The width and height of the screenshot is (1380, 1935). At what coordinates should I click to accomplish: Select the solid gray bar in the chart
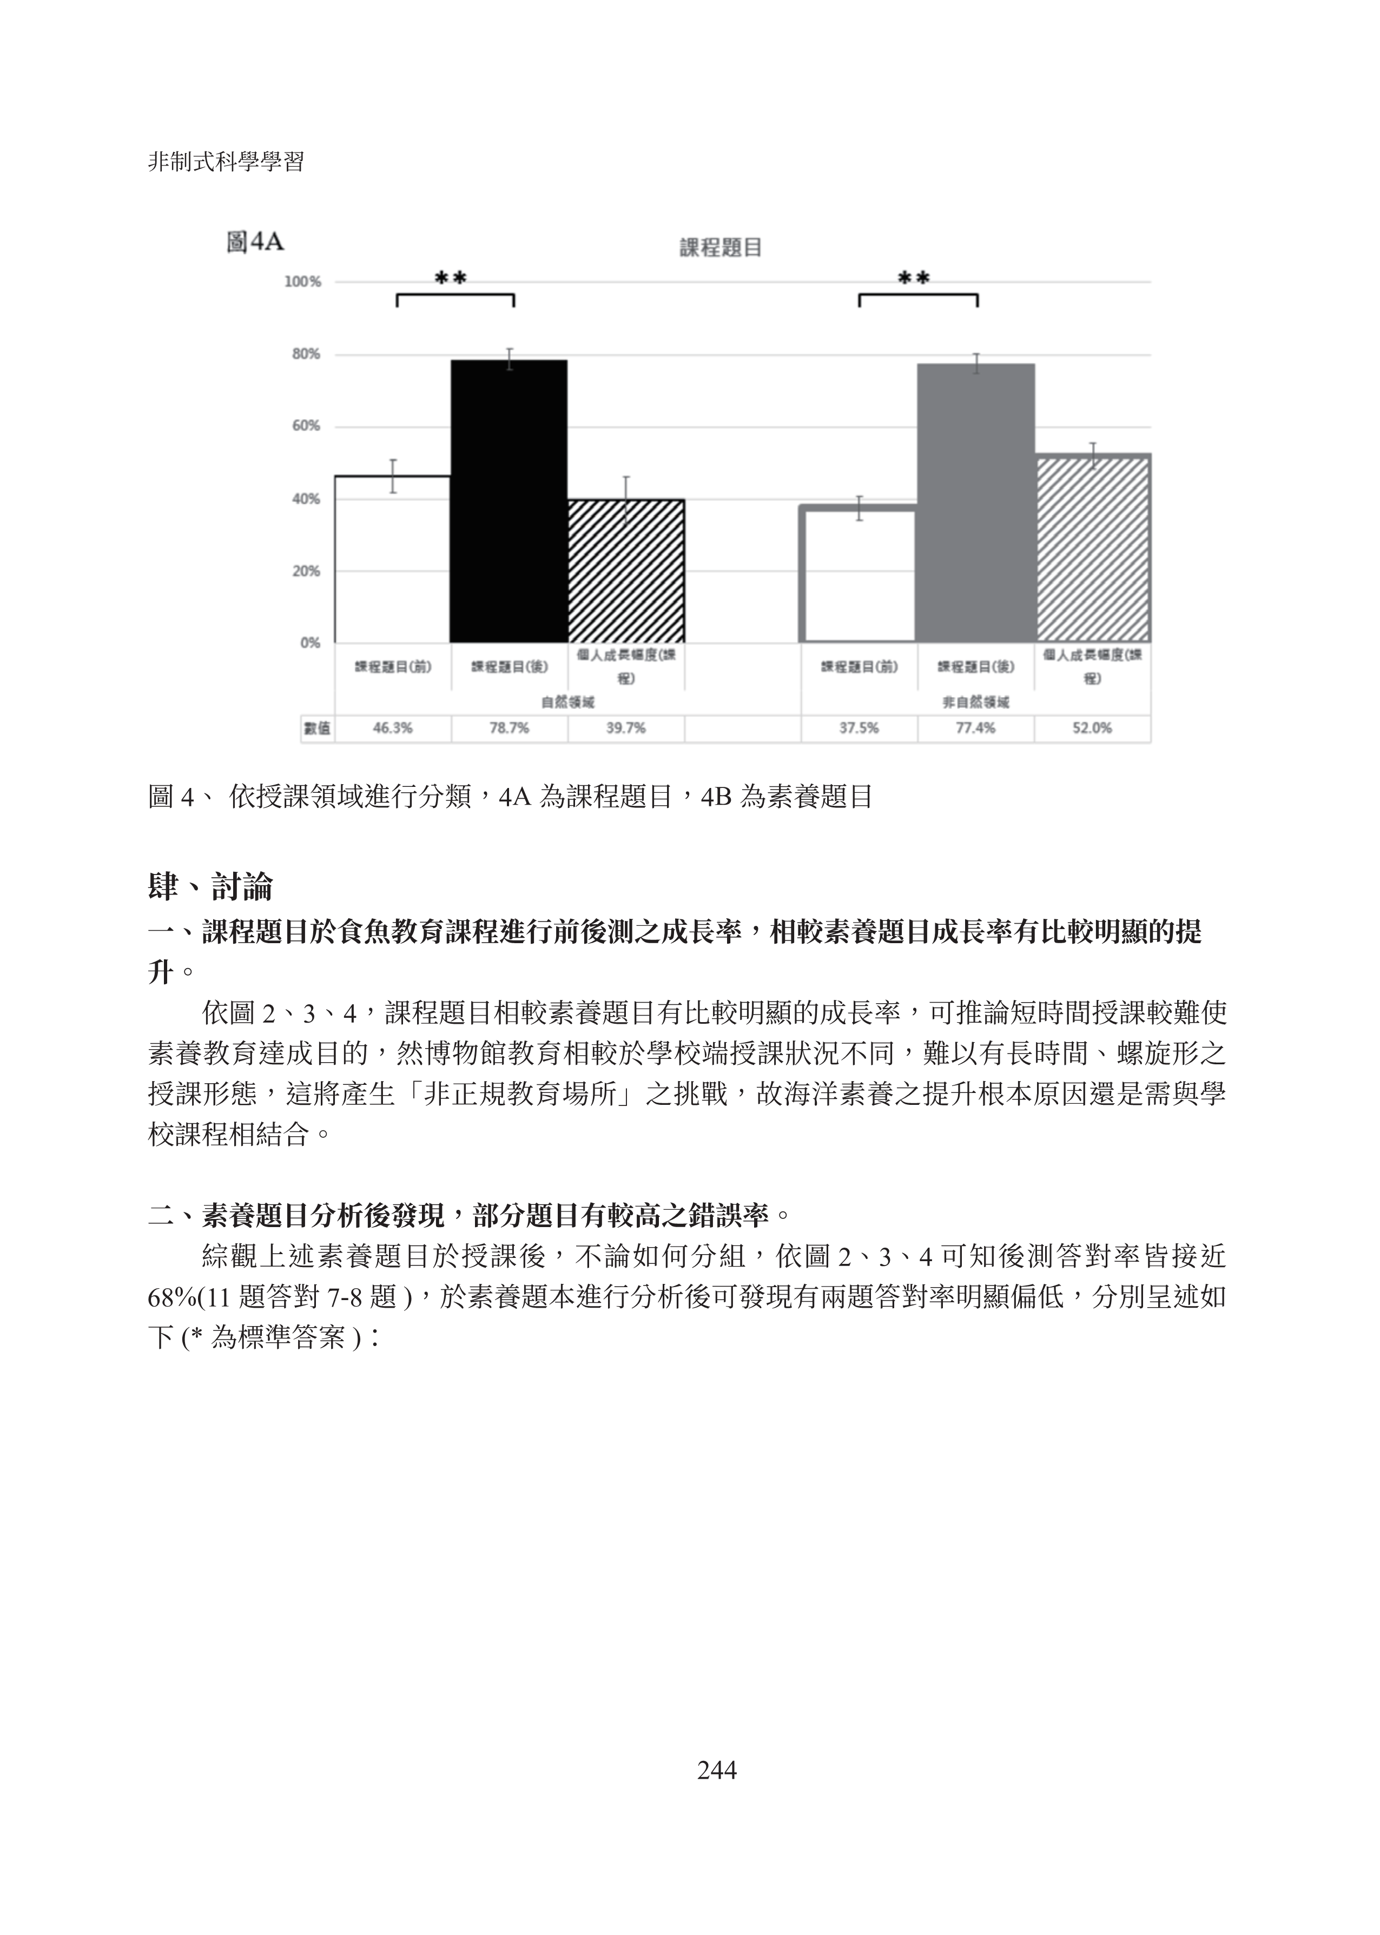975,503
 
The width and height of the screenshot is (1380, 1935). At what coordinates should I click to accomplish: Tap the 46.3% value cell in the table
393,728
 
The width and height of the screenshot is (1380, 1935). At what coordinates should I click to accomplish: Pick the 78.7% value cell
509,728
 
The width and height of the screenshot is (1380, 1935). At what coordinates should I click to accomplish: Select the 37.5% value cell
859,728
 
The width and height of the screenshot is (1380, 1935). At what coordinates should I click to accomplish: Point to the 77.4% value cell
975,728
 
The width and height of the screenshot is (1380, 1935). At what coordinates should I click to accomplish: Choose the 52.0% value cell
1092,728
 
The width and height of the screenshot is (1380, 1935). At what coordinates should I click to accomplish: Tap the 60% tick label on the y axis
306,426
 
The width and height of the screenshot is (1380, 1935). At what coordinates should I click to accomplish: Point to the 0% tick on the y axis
310,643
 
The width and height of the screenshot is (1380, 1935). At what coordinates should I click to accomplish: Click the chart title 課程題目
721,248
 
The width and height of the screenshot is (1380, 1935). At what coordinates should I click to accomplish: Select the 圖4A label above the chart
255,243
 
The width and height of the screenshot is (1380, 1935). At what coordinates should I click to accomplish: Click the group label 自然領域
567,703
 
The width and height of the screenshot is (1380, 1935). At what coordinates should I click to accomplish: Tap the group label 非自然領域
975,703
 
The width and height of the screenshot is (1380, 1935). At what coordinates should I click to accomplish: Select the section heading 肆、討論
210,887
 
